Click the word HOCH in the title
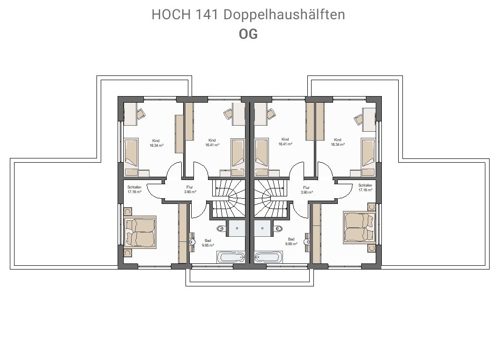pos(171,15)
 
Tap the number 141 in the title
pos(207,15)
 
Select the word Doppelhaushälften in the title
pos(284,15)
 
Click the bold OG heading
pos(248,34)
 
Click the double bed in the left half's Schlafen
pos(140,232)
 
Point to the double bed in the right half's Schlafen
pos(359,228)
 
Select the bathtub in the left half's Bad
pos(231,257)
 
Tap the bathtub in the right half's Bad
pos(268,257)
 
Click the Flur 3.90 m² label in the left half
pos(190,190)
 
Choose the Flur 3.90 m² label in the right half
pos(306,190)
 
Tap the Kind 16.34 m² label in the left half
pos(156,143)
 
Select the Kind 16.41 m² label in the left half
pos(212,142)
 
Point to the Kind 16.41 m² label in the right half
pos(285,142)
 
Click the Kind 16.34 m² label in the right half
pos(338,142)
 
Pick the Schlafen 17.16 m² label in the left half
pos(134,190)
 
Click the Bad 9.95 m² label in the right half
pos(291,241)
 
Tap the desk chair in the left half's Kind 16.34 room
pos(141,113)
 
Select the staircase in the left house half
pos(229,199)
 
